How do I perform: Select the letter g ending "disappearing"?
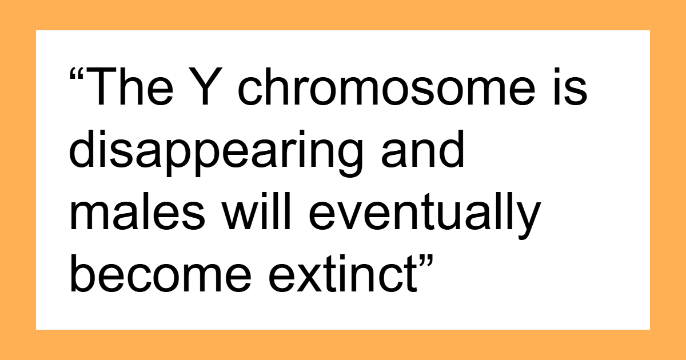[360, 157]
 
